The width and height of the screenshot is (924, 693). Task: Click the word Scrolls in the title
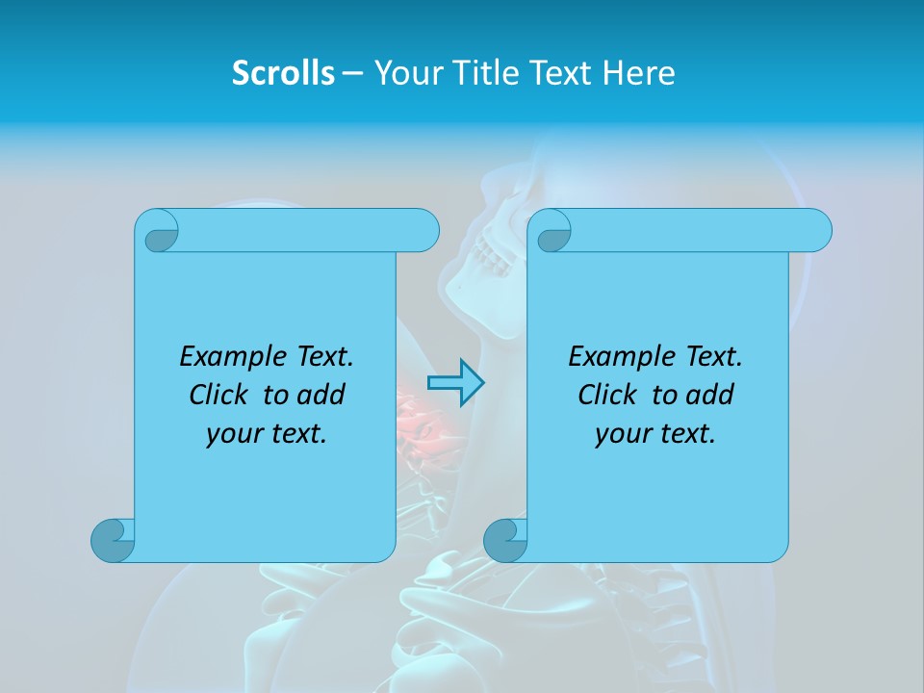(284, 73)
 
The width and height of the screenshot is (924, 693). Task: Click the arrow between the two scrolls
(455, 382)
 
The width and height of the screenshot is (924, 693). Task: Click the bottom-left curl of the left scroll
(113, 540)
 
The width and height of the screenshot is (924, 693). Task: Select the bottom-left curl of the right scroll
(505, 540)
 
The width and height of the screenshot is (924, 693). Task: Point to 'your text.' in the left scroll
(267, 434)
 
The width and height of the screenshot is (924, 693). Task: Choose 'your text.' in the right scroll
(655, 434)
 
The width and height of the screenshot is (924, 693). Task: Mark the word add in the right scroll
(709, 395)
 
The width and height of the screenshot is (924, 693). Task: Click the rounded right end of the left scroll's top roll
(423, 231)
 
